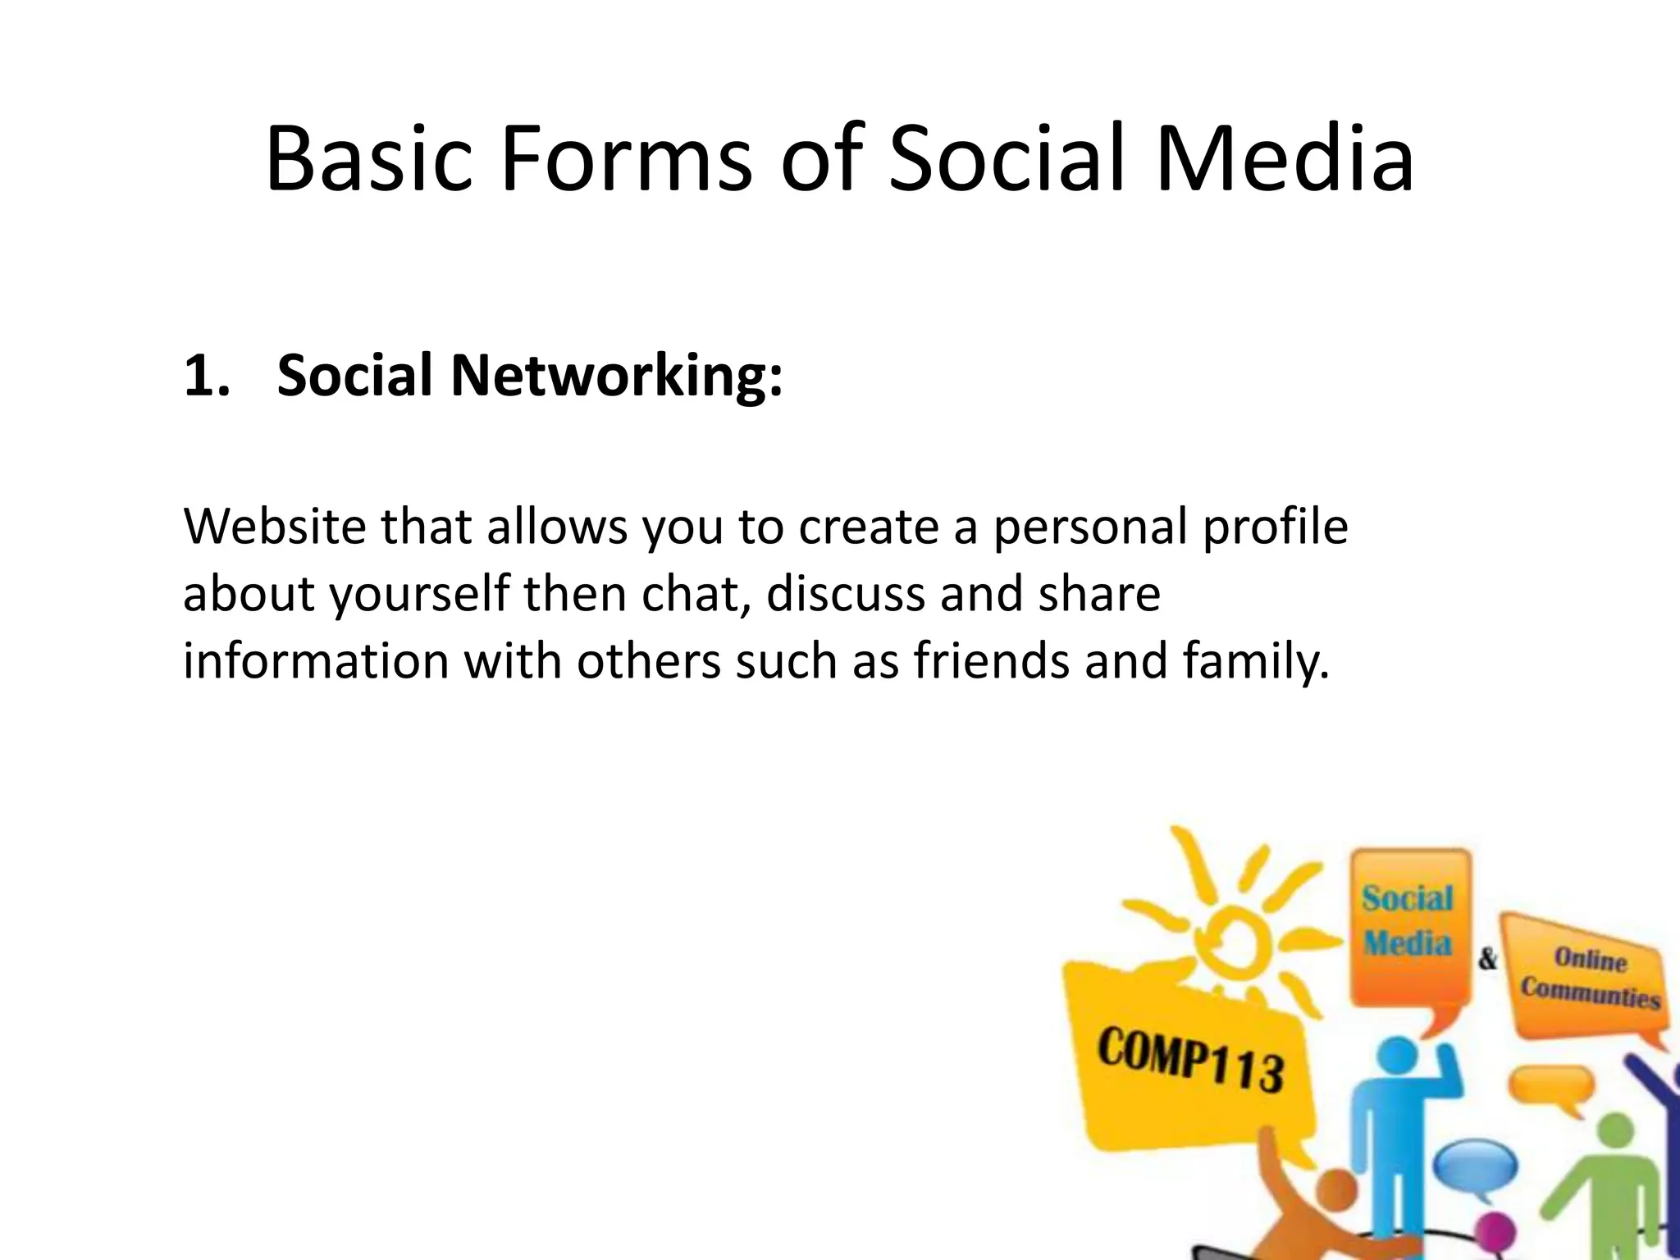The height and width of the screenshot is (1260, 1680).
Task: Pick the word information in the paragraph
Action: [315, 660]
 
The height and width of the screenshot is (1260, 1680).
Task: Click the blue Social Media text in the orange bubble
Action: [1408, 920]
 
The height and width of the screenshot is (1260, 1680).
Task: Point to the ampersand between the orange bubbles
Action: [1487, 958]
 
